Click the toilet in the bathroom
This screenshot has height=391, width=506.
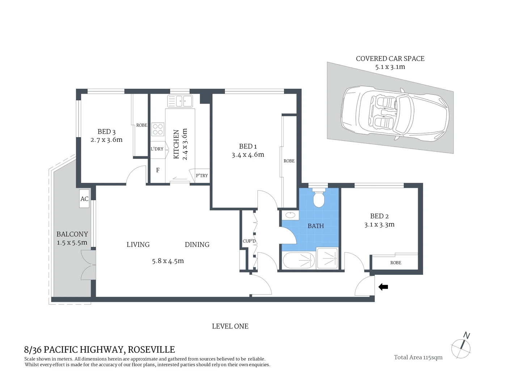319,199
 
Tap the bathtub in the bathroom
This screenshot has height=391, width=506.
298,260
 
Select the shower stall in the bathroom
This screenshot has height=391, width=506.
327,258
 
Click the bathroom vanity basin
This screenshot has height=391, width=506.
290,215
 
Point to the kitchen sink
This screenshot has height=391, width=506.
180,101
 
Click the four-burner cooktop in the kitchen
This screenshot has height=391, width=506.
158,129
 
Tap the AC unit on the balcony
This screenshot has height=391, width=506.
84,199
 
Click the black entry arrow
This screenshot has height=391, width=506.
383,287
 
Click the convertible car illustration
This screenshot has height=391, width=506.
395,113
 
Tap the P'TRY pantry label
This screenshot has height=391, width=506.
202,176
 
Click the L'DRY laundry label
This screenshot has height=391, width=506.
157,149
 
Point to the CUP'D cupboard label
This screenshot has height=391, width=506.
249,241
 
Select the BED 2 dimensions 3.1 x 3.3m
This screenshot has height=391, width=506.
379,225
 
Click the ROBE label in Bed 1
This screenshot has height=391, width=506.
289,161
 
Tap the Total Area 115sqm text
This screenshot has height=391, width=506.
418,357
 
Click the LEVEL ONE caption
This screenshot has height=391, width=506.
230,326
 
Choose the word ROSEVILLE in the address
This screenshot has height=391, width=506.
151,350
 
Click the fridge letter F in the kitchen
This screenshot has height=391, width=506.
158,170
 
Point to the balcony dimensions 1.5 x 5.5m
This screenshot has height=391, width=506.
72,243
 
